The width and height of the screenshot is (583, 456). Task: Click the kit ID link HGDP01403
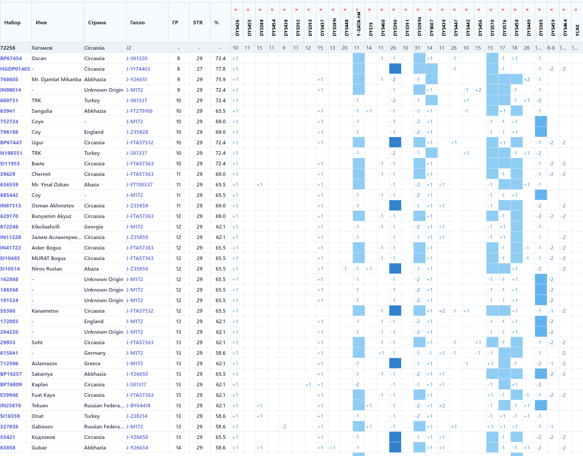(15, 69)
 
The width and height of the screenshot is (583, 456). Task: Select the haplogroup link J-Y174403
(138, 69)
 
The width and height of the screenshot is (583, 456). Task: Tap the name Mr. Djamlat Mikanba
(56, 80)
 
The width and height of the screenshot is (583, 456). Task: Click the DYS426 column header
(237, 28)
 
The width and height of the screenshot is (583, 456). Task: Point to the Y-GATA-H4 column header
(359, 24)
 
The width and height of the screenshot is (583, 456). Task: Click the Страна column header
(97, 23)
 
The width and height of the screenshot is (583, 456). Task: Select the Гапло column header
(137, 23)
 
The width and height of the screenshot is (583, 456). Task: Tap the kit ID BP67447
(11, 143)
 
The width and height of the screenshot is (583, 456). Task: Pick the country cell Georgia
(94, 227)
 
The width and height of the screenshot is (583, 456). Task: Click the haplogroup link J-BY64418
(138, 406)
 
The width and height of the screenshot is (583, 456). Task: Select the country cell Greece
(92, 364)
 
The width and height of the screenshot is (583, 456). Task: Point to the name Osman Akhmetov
(53, 206)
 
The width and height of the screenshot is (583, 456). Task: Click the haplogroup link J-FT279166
(139, 111)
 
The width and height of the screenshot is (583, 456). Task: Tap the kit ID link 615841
(9, 353)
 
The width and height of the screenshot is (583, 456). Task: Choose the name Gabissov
(42, 427)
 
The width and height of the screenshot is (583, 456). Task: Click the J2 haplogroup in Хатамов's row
(129, 48)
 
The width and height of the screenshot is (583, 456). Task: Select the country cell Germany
(95, 353)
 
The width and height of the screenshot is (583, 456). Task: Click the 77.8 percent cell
(220, 69)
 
